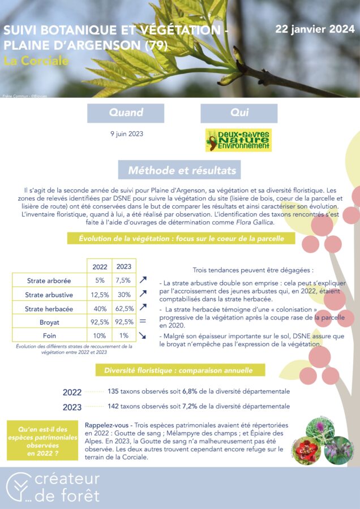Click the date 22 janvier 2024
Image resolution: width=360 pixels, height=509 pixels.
pos(315,29)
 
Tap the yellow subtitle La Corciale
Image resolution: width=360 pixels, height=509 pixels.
pos(36,61)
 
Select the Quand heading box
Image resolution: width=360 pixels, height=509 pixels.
pos(126,113)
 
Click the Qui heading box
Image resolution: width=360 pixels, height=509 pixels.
pos(239,113)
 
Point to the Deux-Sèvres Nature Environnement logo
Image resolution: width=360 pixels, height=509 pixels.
pos(238,140)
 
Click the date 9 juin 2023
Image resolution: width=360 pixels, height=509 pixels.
pos(126,134)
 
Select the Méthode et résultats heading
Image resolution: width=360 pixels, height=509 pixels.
pos(178,170)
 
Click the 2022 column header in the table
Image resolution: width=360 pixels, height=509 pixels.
pos(100,266)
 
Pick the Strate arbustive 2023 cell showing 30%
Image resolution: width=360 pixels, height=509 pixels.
pos(124,294)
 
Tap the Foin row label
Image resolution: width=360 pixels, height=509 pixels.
pos(49,335)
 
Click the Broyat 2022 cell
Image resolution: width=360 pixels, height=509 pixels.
pos(100,322)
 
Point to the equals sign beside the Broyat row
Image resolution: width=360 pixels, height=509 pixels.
pos(143,321)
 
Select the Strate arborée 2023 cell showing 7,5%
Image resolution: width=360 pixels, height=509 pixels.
pos(124,281)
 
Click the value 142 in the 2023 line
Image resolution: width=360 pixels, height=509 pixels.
pos(113,406)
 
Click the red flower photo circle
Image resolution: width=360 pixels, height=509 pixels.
pos(307,450)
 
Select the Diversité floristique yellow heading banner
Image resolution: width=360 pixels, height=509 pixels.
pos(178,371)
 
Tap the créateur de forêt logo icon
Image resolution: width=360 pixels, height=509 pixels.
pos(19,488)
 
